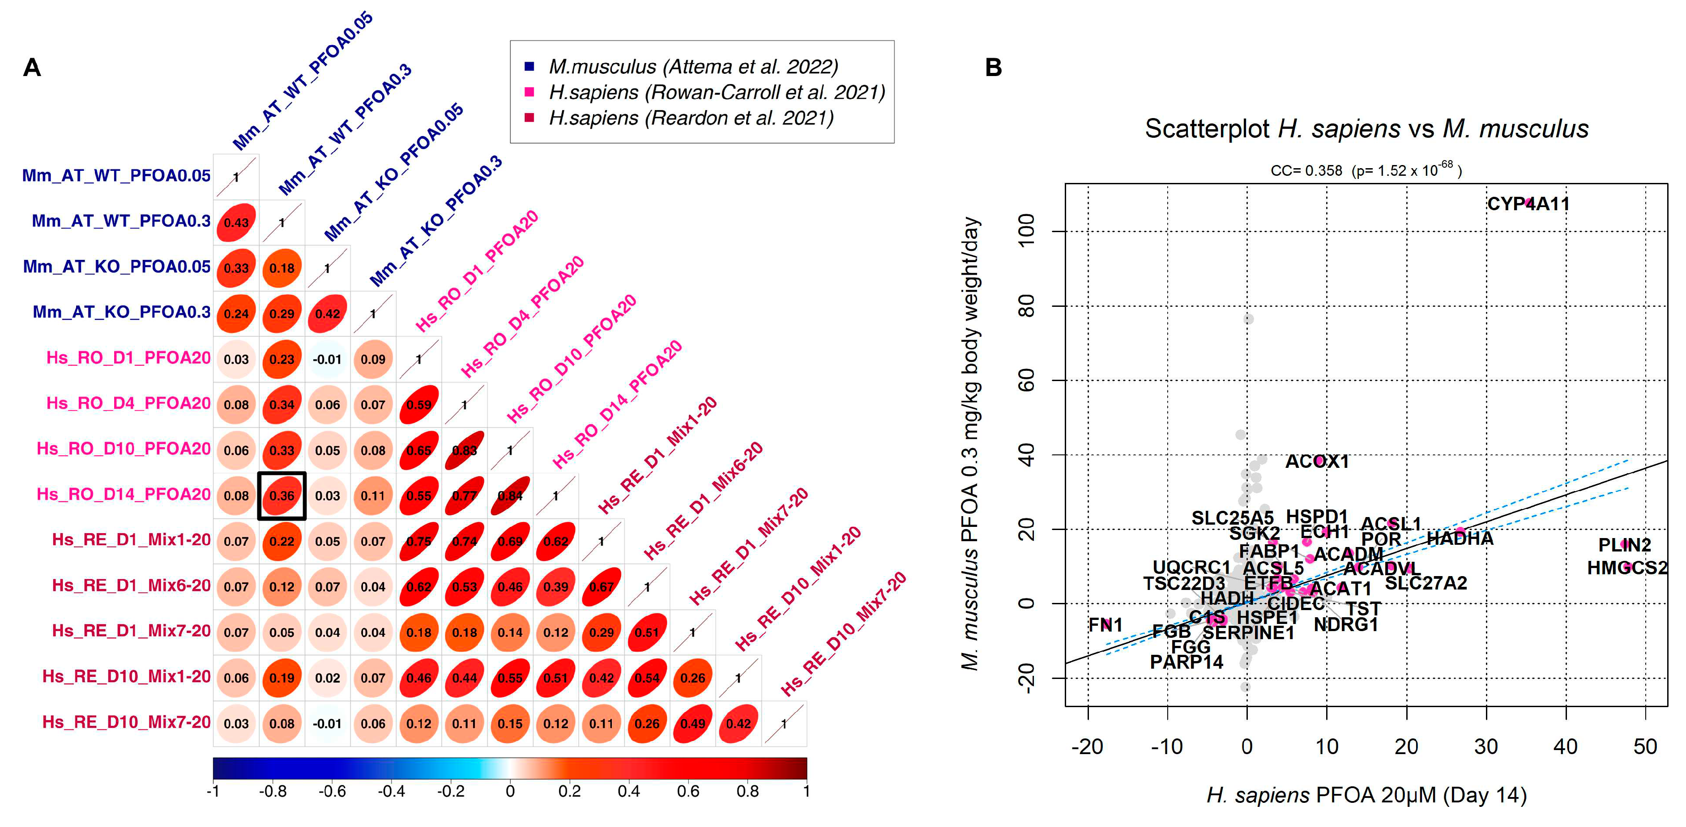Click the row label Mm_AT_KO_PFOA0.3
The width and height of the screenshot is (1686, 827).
tap(122, 312)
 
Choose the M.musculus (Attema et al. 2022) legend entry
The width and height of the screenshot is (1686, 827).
tap(692, 67)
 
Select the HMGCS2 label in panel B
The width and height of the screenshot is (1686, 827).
tap(1626, 568)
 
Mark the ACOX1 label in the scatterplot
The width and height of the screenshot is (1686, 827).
tap(1317, 462)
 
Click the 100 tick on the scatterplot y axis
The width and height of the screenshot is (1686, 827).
tap(1027, 230)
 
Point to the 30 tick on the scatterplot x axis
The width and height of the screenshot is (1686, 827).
tap(1486, 746)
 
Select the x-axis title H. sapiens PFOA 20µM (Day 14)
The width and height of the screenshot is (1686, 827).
tap(1366, 795)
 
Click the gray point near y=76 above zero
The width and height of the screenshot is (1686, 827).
tap(1248, 318)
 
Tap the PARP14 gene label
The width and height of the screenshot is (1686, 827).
tap(1186, 662)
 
